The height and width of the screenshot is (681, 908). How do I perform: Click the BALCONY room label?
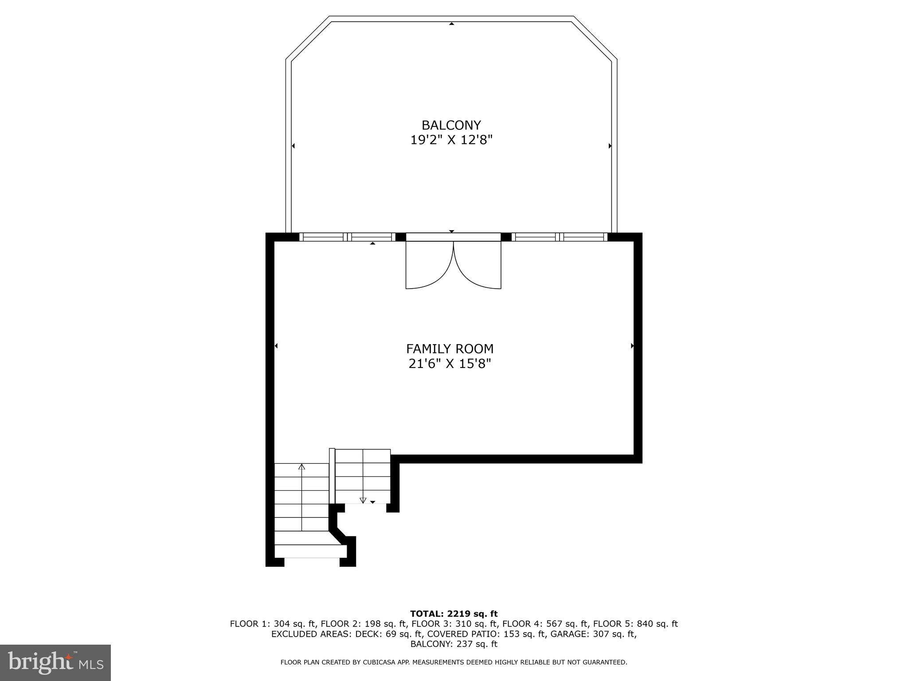pos(451,125)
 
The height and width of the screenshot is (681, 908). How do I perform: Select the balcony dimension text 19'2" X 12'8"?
pos(451,141)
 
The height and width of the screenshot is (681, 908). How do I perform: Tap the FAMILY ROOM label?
pos(450,349)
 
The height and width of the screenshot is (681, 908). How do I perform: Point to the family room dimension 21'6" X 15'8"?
pos(450,364)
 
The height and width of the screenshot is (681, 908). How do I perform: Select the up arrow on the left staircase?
pos(302,467)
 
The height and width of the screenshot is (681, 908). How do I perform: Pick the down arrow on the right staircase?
pos(363,501)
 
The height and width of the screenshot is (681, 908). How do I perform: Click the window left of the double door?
pos(348,237)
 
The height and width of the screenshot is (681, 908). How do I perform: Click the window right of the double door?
pos(560,237)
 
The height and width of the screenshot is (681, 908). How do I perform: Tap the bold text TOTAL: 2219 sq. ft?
pos(454,614)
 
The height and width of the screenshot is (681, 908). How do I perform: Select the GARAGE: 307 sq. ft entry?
pos(593,634)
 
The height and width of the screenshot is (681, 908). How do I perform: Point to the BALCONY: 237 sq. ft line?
pos(454,644)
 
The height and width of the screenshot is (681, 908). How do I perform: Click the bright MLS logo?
pos(55,662)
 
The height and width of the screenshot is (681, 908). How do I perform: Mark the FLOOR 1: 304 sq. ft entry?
pos(273,624)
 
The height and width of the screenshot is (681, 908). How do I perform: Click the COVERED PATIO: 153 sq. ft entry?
pos(486,634)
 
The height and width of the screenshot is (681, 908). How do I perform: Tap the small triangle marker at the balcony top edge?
pos(451,23)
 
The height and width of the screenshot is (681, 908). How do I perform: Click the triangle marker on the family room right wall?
pos(632,346)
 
